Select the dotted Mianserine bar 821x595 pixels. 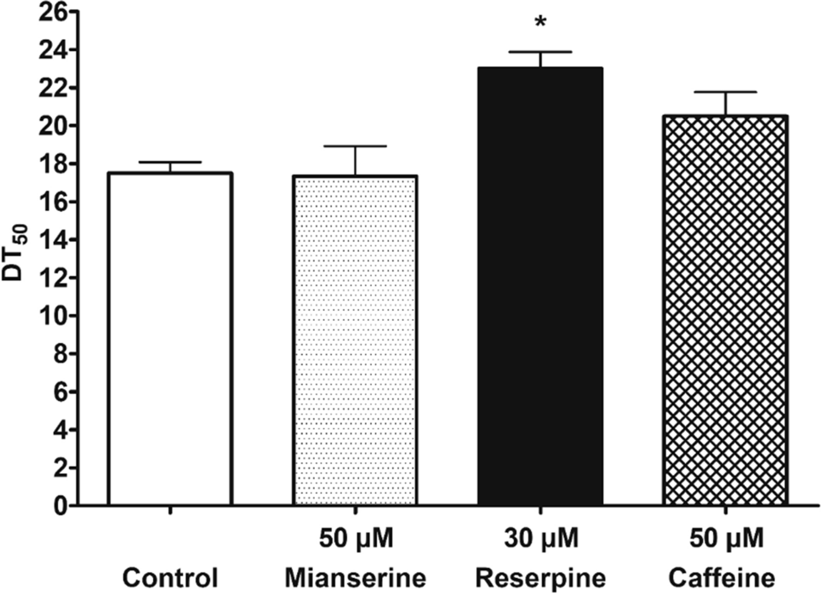pyautogui.click(x=354, y=340)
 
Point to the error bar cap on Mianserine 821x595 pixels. pyautogui.click(x=354, y=146)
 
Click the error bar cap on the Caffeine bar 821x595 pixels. pyautogui.click(x=725, y=92)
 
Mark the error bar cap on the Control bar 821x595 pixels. pyautogui.click(x=170, y=162)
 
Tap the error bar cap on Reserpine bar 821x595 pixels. pyautogui.click(x=540, y=52)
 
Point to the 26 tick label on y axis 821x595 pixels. pyautogui.click(x=50, y=12)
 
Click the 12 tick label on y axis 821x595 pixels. pyautogui.click(x=50, y=277)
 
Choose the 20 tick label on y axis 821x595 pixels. pyautogui.click(x=50, y=126)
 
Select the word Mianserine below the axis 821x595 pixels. pyautogui.click(x=354, y=577)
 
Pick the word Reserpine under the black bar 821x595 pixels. pyautogui.click(x=540, y=577)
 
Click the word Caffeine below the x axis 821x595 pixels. pyautogui.click(x=725, y=577)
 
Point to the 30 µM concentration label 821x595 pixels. pyautogui.click(x=540, y=540)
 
